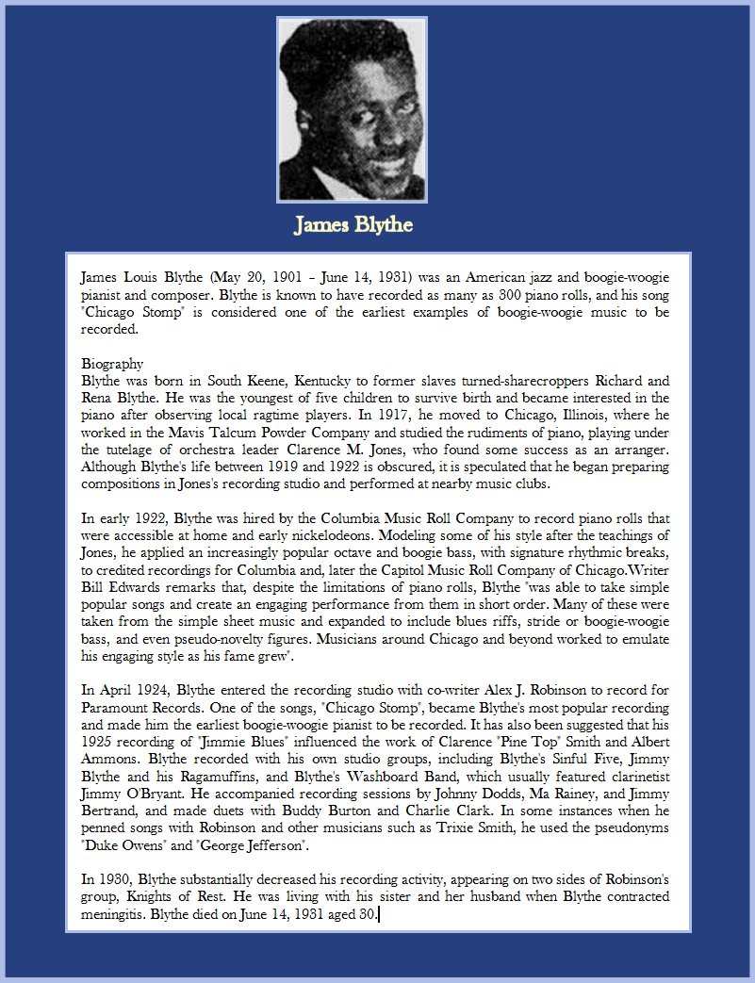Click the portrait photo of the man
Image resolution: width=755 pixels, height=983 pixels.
(352, 109)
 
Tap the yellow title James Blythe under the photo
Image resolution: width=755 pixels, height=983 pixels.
(353, 226)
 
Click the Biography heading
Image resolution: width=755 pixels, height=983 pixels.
(112, 364)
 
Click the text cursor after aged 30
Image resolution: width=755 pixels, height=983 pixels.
(379, 914)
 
